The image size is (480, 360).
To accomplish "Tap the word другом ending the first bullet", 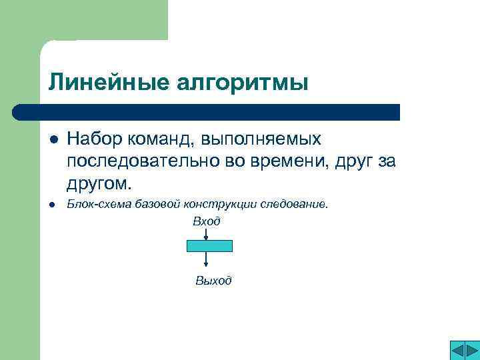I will (97, 182).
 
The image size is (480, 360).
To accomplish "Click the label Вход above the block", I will (207, 221).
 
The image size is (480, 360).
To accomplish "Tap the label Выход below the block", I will (213, 281).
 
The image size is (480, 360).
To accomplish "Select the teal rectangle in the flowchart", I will (209, 245).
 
